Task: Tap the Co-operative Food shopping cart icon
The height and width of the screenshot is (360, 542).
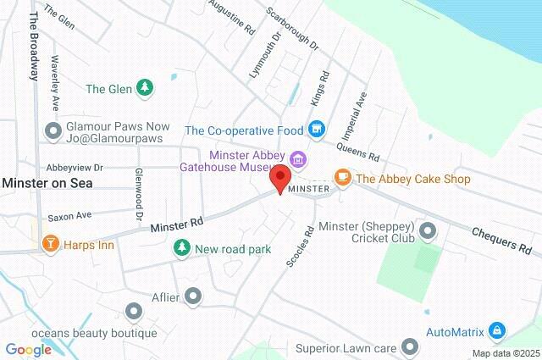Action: (x=317, y=130)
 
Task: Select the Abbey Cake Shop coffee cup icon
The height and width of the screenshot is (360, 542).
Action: (x=342, y=178)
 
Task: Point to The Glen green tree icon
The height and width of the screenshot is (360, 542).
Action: (x=146, y=87)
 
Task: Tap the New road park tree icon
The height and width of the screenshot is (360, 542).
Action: (x=180, y=248)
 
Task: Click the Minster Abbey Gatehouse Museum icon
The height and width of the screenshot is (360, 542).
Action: (x=297, y=158)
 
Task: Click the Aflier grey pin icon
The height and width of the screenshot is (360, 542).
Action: (x=193, y=296)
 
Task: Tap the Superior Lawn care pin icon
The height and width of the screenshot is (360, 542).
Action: (x=410, y=346)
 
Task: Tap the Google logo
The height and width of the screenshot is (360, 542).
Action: (x=28, y=350)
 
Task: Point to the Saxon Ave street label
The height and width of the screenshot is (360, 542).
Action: (x=69, y=216)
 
